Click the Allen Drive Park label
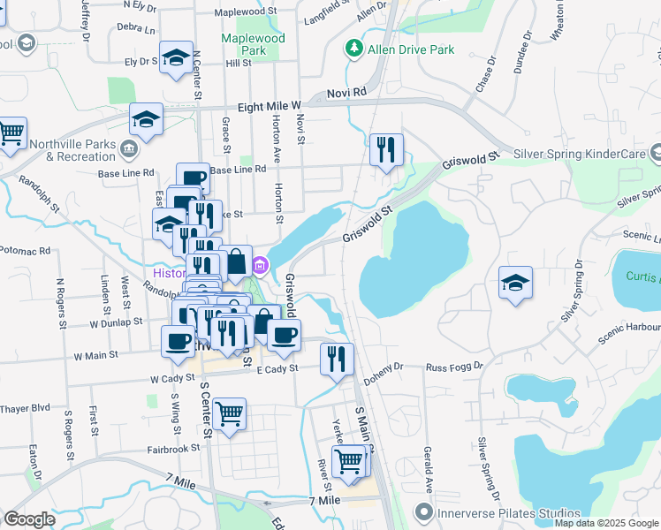(413, 49)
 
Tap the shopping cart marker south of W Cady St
(230, 413)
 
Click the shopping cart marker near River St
(350, 460)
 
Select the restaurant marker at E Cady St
(337, 358)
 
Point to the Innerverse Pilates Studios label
(499, 512)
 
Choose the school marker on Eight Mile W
(147, 119)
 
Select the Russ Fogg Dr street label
(454, 366)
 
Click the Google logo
(29, 519)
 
